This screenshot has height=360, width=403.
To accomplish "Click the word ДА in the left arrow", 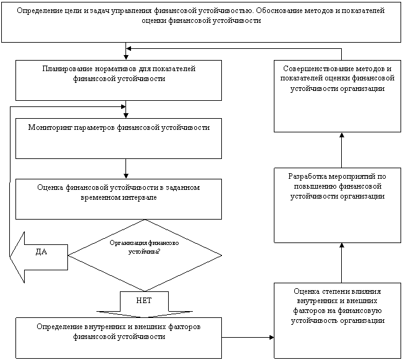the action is coord(41,252).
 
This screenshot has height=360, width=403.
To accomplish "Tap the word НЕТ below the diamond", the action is coord(144,301).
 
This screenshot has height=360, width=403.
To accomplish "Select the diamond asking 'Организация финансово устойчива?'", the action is coord(145,255).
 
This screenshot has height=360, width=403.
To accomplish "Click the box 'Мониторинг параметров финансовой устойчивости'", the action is coord(119,139).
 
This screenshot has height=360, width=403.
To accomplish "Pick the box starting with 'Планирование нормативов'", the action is coord(119,80).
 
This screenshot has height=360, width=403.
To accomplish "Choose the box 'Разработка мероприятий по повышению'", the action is coord(337,205).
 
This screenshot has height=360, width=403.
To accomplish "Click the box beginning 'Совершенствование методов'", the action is coord(337,96).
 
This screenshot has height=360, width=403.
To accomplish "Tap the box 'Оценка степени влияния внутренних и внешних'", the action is coord(337,320).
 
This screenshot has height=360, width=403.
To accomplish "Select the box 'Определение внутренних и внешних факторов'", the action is coord(119,338).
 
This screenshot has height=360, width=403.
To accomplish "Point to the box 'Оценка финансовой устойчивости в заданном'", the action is coord(119,199).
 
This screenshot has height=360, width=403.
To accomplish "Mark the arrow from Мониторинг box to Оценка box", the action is coord(125,169).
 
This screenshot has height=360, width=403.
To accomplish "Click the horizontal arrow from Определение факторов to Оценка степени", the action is coord(248,337).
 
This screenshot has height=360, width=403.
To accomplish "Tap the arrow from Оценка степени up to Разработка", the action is coord(342,263).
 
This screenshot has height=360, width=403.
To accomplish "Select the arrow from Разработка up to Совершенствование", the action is coord(342,150).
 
